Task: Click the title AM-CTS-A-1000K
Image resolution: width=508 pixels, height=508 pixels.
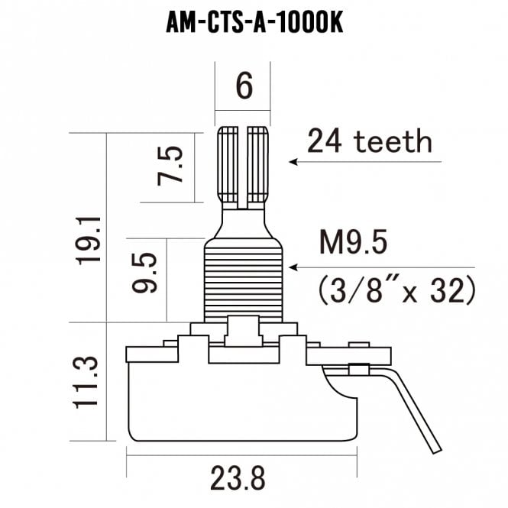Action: [x=254, y=23]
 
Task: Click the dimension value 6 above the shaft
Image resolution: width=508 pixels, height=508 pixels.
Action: [x=244, y=86]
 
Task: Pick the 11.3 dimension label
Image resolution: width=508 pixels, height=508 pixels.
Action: [x=88, y=380]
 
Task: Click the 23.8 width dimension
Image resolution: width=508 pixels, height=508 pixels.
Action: [x=238, y=479]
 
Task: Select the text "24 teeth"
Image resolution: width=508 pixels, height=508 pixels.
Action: [x=369, y=141]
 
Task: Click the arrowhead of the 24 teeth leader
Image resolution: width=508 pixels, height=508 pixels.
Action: [x=293, y=162]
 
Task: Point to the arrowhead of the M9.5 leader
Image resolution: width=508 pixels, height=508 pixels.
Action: [x=292, y=267]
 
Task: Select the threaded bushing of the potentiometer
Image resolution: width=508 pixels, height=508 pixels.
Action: [x=244, y=279]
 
